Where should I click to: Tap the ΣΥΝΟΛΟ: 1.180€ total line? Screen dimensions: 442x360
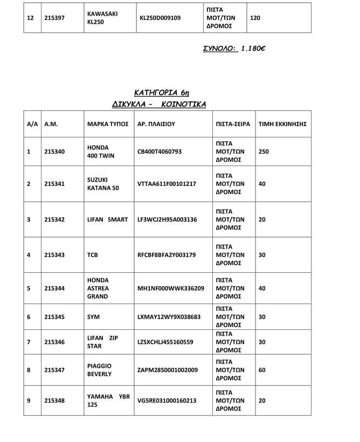pos(234,49)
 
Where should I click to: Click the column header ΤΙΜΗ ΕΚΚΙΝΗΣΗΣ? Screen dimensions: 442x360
pos(282,124)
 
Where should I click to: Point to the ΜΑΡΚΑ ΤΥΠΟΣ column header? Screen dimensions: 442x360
pos(108,124)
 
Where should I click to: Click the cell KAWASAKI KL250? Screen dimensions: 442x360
pos(102,18)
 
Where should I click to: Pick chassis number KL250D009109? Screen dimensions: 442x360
pos(160,18)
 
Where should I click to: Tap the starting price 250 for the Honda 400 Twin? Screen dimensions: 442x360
pos(264,152)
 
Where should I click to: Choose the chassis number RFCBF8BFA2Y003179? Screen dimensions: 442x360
pos(167,254)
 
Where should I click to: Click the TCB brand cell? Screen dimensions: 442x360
pos(92,254)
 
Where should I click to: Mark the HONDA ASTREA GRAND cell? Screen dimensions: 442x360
pos(98,288)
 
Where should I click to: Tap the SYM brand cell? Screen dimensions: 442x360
pos(93,317)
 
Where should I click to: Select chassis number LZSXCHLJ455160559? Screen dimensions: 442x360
pos(165,342)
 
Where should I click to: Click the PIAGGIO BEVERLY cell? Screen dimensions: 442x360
pos(100,370)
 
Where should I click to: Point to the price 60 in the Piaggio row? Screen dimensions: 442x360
pos(262,370)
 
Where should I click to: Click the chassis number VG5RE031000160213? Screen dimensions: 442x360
pos(167,400)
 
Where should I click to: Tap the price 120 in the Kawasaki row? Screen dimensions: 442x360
pos(255,18)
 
